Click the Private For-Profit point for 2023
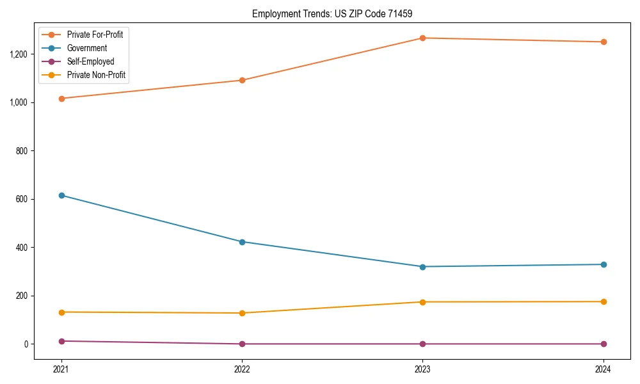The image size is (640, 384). click(422, 38)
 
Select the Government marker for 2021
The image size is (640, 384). click(61, 195)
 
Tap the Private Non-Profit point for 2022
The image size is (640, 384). click(242, 313)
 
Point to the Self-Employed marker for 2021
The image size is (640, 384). click(61, 341)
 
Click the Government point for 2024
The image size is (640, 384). click(603, 264)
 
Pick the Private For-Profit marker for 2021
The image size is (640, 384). click(61, 99)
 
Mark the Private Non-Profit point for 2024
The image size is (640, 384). click(603, 301)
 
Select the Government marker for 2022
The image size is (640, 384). click(242, 242)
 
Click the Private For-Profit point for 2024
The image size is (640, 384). click(603, 42)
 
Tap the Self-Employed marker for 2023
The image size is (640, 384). click(422, 344)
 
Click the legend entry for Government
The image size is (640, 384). click(86, 48)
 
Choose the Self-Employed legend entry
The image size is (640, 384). click(90, 61)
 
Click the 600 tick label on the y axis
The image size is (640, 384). click(23, 199)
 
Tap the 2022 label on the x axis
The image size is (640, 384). click(242, 369)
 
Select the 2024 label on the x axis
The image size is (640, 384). click(603, 369)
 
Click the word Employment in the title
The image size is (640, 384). click(274, 13)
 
